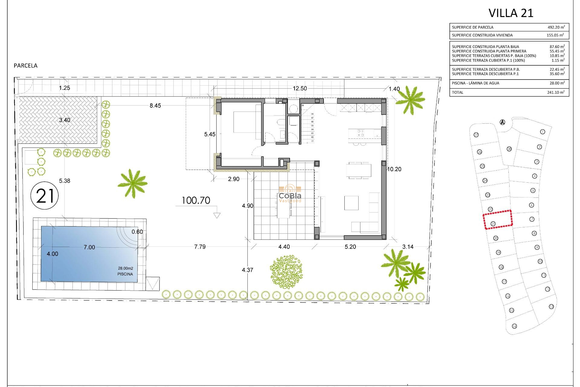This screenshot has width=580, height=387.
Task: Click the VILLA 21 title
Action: pyautogui.click(x=511, y=13)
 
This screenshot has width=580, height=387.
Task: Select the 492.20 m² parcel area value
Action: pyautogui.click(x=556, y=27)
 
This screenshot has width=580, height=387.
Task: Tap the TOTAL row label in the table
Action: pyautogui.click(x=457, y=93)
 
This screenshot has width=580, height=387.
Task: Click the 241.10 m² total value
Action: pyautogui.click(x=556, y=93)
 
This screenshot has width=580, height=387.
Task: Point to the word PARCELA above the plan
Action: pyautogui.click(x=26, y=66)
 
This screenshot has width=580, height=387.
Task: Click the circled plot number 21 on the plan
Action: pyautogui.click(x=45, y=196)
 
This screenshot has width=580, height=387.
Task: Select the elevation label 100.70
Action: pyautogui.click(x=196, y=200)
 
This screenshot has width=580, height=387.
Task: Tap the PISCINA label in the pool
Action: pyautogui.click(x=125, y=274)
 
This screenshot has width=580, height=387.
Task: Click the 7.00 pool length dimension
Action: pyautogui.click(x=89, y=247)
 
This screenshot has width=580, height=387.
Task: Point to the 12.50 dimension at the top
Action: pyautogui.click(x=300, y=88)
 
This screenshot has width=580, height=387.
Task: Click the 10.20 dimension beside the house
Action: pyautogui.click(x=394, y=169)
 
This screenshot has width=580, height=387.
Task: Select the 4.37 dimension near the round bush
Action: pyautogui.click(x=247, y=270)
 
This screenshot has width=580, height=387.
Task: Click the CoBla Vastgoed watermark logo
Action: pyautogui.click(x=290, y=193)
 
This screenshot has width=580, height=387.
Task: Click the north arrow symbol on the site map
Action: pyautogui.click(x=502, y=122)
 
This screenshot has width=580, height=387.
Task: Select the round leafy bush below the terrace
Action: pyautogui.click(x=286, y=272)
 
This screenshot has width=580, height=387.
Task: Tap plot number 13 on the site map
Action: pyautogui.click(x=551, y=307)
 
